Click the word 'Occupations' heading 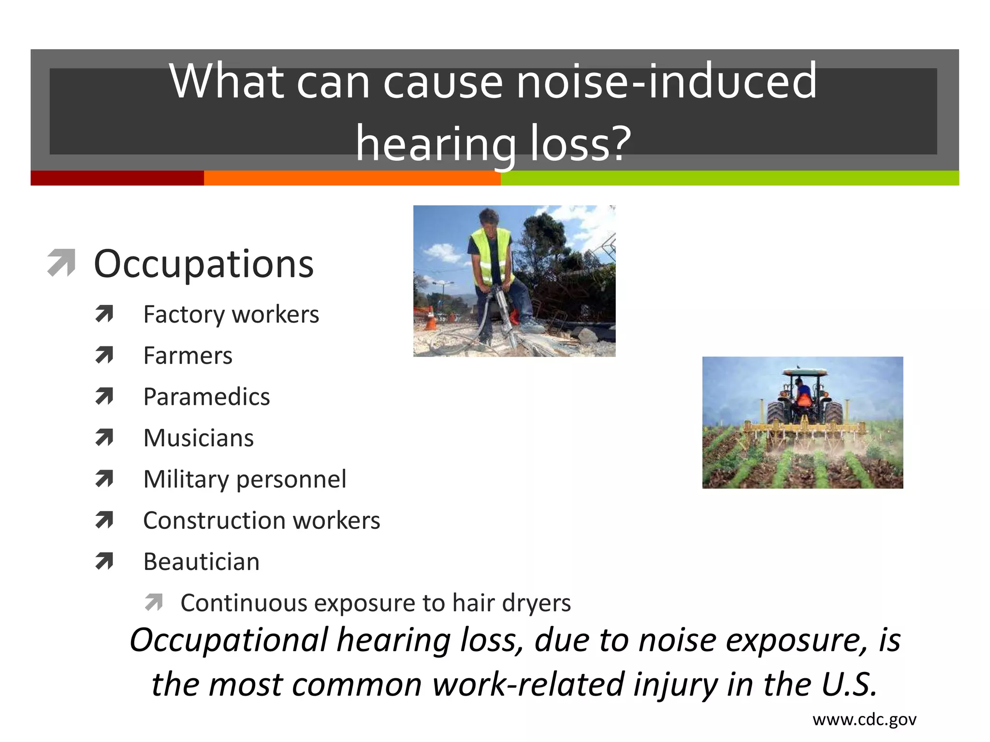[x=204, y=264]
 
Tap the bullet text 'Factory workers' [x=231, y=314]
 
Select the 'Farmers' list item [x=188, y=356]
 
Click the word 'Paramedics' [x=206, y=397]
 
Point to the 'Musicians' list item [x=198, y=438]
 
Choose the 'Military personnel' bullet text [x=245, y=479]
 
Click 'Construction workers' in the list [x=262, y=521]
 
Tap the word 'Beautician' [x=201, y=562]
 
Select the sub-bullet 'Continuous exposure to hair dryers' [x=375, y=603]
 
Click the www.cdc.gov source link [x=864, y=720]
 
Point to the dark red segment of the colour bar [x=117, y=178]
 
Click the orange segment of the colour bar [x=352, y=178]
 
